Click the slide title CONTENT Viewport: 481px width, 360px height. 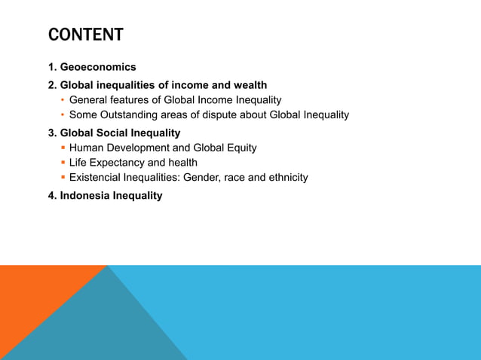(85, 35)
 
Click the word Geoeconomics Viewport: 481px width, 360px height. (98, 68)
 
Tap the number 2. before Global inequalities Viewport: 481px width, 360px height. (53, 85)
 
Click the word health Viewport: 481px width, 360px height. (183, 163)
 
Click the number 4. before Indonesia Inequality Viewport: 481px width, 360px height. (53, 196)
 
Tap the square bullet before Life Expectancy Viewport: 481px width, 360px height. (63, 163)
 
